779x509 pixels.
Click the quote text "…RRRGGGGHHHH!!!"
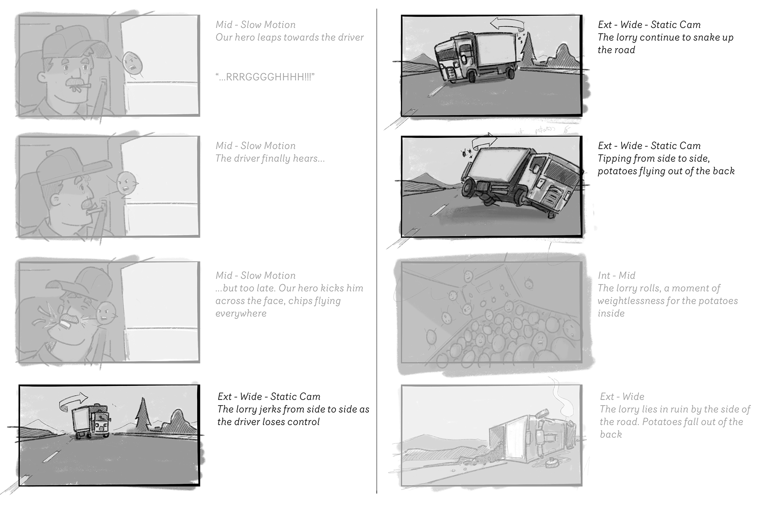pos(265,77)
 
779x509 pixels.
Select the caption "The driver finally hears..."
pos(270,158)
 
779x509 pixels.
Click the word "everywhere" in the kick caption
pos(241,313)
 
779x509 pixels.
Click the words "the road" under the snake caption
pos(616,50)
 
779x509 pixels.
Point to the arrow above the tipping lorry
pos(485,141)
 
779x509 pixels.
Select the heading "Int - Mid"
pos(616,276)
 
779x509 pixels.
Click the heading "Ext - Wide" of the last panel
pos(622,396)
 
